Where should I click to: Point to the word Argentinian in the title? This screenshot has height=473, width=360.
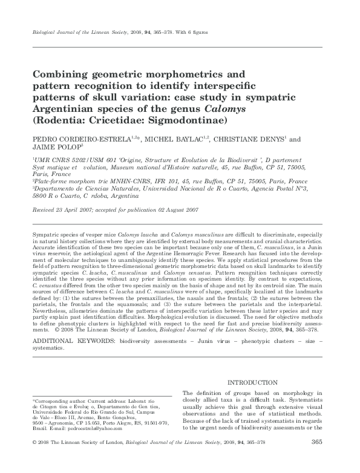click(x=68, y=109)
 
